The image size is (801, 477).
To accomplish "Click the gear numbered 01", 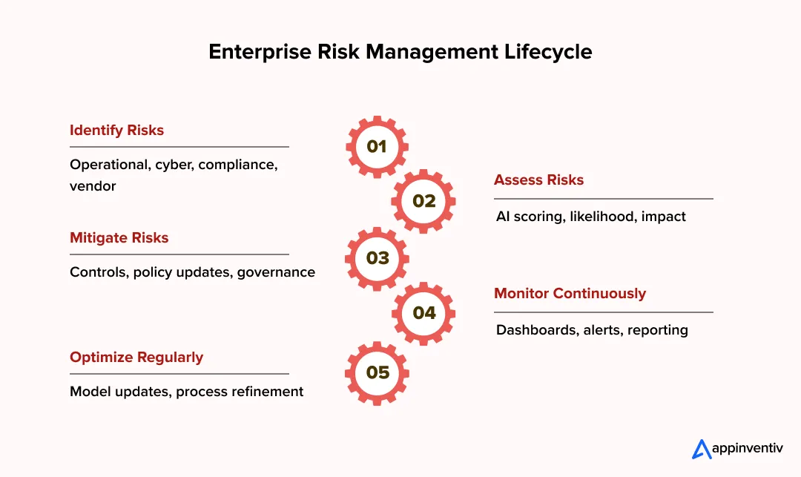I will point(377,146).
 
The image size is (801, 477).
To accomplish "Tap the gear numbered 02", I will point(423,201).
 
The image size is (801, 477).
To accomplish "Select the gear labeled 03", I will point(377,258).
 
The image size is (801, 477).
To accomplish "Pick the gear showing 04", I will point(423,313).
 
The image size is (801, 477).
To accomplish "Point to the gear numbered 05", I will point(377,372).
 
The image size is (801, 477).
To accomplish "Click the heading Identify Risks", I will point(116,130).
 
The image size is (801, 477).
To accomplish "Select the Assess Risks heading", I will point(538,180).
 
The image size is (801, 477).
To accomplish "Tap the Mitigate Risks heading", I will point(119,237).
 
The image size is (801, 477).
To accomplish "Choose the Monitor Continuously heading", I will point(570,293).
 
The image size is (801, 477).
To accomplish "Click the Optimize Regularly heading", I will point(136,357).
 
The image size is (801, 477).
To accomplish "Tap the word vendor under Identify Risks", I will point(93,185).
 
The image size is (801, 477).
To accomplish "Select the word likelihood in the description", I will point(601,217).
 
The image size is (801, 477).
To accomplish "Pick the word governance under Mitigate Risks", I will point(276,272).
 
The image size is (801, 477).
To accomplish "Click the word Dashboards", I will point(534,329).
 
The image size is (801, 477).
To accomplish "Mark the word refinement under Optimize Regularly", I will point(267,391).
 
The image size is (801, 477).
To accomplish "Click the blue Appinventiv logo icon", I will point(701,449).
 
